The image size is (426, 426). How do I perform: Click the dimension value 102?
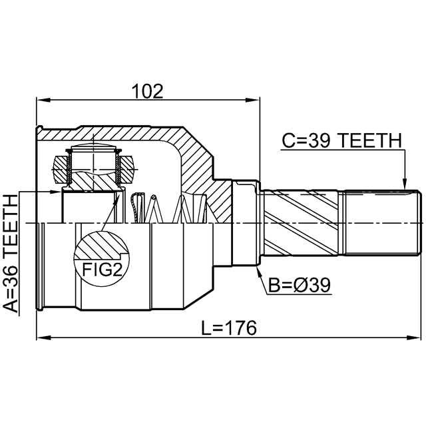pos(148,91)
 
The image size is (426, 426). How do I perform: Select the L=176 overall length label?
pos(229,328)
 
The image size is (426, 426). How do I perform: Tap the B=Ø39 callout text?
pos(300,285)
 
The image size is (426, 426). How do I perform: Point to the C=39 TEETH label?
pos(341,140)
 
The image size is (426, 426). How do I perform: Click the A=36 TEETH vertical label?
pos(11,254)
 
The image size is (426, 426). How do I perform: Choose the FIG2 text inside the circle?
pos(102,270)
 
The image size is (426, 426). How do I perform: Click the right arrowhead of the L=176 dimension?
pos(413,338)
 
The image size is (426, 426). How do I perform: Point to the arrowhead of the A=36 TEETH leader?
pos(55,192)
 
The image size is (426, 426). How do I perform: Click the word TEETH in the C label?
pos(371,140)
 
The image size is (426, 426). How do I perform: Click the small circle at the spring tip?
pos(154,197)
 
